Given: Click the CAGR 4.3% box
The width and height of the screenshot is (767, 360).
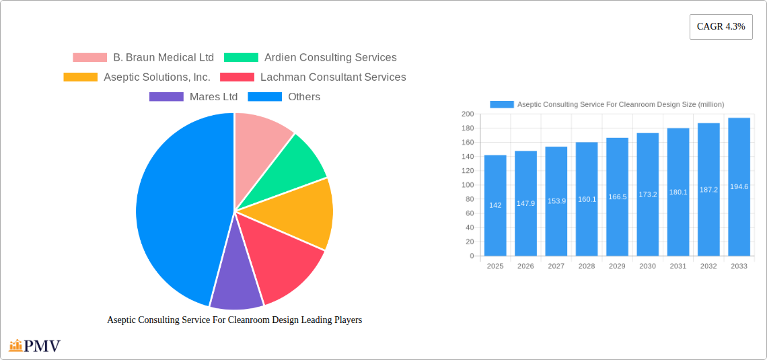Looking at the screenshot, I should click(x=721, y=27).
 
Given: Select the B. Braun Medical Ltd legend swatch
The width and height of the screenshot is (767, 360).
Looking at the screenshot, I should click(x=89, y=58).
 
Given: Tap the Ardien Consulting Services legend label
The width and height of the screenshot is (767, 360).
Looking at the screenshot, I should click(x=330, y=58).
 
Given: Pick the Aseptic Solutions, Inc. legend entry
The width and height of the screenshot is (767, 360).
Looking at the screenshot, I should click(x=157, y=77).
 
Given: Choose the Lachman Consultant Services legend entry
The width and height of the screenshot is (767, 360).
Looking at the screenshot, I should click(x=333, y=77).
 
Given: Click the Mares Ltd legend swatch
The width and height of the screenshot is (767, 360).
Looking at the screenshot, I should click(x=166, y=97).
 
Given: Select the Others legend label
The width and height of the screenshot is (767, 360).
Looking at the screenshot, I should click(x=304, y=97).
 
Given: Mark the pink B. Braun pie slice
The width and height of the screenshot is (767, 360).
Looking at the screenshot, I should click(x=259, y=138).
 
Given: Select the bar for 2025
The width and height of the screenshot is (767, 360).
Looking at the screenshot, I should click(x=495, y=205).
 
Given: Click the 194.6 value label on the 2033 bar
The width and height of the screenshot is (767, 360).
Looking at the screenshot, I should click(x=739, y=187).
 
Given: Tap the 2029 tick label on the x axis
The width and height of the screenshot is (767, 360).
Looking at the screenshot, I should click(x=617, y=266).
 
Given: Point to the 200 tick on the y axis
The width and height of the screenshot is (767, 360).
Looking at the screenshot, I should click(x=467, y=114).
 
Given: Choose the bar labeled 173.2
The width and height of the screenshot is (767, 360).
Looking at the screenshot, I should click(x=647, y=194).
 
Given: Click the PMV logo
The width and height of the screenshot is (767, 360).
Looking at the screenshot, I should click(x=35, y=347).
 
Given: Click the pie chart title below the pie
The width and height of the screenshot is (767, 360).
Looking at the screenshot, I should click(x=234, y=320).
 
